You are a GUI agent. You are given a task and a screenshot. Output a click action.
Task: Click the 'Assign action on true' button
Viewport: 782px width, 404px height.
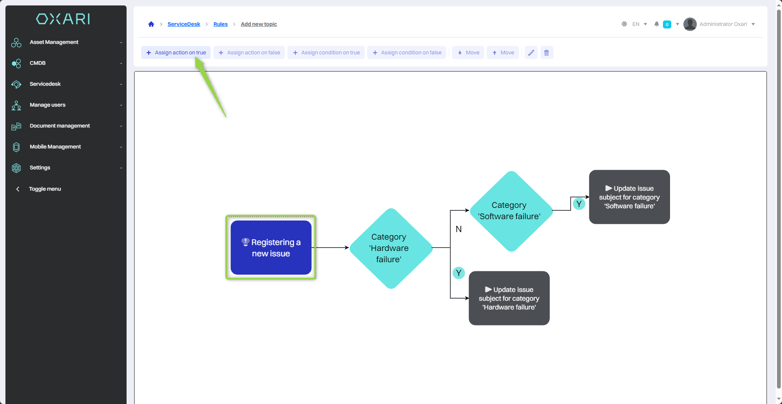tap(176, 53)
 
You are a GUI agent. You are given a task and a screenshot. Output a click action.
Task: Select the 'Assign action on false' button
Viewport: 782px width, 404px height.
tap(249, 53)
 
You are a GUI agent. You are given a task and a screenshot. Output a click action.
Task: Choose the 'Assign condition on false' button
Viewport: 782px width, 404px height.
tap(407, 53)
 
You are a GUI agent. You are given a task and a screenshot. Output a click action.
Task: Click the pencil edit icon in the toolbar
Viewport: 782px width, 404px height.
tap(531, 53)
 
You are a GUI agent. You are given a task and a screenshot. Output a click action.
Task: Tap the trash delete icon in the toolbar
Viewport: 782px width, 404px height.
tap(546, 53)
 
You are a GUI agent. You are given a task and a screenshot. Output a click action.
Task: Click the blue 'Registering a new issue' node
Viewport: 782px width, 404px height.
tap(271, 248)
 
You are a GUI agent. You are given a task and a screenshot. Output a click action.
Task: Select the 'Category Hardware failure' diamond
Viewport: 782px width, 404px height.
tap(390, 248)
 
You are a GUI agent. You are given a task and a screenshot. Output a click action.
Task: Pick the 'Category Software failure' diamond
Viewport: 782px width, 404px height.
tap(510, 211)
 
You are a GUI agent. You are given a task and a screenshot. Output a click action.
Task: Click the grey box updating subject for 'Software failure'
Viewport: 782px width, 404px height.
tap(629, 197)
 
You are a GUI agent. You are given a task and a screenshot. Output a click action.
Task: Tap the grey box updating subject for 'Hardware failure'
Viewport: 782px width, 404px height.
tap(509, 298)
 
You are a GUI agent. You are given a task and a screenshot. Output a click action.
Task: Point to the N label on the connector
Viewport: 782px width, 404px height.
tap(459, 229)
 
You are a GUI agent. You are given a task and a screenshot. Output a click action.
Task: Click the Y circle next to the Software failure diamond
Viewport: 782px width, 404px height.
tap(579, 204)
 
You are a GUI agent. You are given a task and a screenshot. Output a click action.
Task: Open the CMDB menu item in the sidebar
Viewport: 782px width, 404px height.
tap(38, 63)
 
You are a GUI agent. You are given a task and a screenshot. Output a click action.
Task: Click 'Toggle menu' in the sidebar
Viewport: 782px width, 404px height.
tap(45, 189)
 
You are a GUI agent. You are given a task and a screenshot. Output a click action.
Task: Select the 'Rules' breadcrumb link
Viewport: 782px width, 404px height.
tap(220, 24)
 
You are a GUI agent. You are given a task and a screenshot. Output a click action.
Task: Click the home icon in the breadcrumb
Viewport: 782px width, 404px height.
tap(151, 24)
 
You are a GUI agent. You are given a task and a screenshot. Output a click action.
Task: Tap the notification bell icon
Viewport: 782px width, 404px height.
tap(657, 24)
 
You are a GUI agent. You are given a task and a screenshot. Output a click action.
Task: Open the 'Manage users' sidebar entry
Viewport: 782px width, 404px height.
tap(47, 105)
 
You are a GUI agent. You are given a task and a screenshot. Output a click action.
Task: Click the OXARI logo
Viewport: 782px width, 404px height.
tap(63, 19)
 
